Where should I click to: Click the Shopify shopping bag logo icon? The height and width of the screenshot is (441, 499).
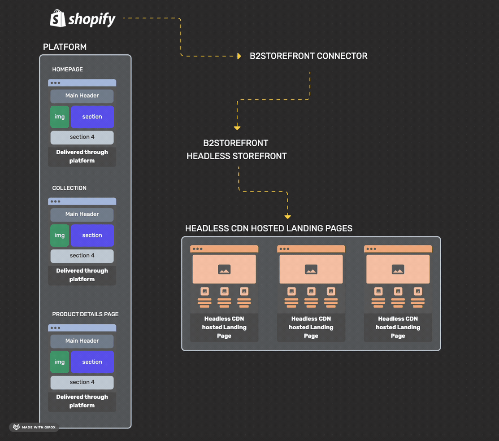tap(58, 18)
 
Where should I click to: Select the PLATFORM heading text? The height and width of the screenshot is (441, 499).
tap(65, 47)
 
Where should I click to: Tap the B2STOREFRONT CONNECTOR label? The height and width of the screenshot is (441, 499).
tap(308, 56)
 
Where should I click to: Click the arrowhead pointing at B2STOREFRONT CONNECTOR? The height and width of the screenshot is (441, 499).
tap(239, 56)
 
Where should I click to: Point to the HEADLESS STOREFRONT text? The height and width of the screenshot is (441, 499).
tap(236, 156)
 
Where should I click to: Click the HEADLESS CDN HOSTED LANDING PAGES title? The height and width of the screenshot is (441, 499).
tap(269, 228)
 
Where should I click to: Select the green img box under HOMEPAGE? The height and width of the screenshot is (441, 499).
tap(60, 117)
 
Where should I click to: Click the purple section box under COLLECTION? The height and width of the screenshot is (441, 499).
tap(92, 235)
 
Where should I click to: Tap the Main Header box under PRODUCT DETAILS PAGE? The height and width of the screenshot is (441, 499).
tap(82, 341)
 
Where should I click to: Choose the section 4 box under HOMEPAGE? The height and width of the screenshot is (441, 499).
tap(82, 137)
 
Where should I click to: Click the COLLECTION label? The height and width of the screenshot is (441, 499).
tap(69, 188)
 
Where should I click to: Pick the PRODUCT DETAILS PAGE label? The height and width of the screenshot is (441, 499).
tap(85, 314)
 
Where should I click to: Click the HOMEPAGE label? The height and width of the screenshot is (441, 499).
tap(67, 70)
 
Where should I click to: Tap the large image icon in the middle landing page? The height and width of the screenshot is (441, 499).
tap(311, 269)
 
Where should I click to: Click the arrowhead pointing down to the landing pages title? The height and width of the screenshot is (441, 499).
tap(287, 217)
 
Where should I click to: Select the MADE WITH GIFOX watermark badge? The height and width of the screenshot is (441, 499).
tap(34, 427)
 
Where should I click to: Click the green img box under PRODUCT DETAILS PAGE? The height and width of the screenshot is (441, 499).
tap(60, 362)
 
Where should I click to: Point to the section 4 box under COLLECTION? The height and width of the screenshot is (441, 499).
tap(82, 255)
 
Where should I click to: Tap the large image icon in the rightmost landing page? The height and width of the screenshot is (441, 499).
tap(398, 269)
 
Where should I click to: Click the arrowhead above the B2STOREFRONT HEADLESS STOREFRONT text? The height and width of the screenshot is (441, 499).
tap(237, 128)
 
